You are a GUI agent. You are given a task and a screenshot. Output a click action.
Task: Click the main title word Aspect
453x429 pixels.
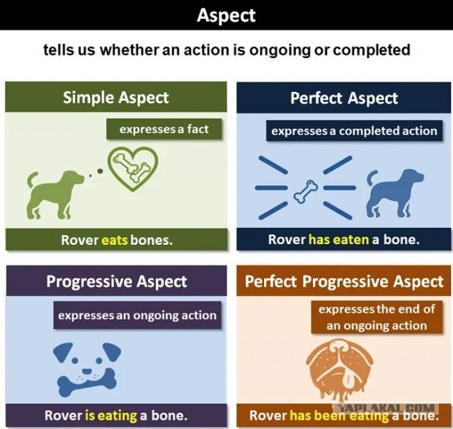click(x=226, y=16)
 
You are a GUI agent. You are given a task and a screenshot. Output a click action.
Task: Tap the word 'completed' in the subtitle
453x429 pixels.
click(x=372, y=50)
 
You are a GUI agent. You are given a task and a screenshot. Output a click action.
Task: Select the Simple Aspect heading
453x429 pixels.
click(x=116, y=98)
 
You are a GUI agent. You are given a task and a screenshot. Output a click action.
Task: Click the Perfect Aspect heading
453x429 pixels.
click(x=344, y=98)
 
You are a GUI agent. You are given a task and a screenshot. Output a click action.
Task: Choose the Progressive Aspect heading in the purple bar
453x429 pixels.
click(x=117, y=281)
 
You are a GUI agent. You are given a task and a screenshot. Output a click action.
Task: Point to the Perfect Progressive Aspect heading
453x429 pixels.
click(x=344, y=281)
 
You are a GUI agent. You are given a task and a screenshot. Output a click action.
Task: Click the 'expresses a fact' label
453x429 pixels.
click(x=164, y=129)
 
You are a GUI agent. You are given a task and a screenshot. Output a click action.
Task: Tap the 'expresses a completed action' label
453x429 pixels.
click(x=354, y=131)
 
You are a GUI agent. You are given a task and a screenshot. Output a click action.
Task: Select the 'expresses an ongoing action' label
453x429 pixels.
click(x=137, y=315)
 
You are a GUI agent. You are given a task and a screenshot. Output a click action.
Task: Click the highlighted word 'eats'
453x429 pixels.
click(x=115, y=240)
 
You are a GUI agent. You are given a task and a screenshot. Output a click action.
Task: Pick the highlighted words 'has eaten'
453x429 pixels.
click(x=338, y=239)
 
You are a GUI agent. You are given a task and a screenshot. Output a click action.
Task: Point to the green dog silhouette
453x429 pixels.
click(x=55, y=193)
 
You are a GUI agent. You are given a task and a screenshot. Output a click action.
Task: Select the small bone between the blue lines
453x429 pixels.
click(x=306, y=192)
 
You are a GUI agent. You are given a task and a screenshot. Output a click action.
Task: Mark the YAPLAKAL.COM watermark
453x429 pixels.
click(x=386, y=408)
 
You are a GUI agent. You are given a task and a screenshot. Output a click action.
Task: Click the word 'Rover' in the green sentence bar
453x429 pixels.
click(x=79, y=240)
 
